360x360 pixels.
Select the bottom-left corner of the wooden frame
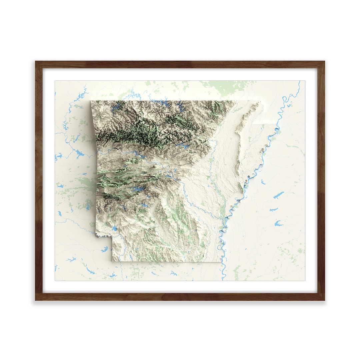click(36, 300)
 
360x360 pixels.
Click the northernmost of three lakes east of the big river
click(279, 195)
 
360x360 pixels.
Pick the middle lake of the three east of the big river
click(274, 209)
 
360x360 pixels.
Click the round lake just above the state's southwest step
click(114, 229)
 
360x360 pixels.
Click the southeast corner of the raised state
click(221, 261)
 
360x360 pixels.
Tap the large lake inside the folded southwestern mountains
click(137, 190)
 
